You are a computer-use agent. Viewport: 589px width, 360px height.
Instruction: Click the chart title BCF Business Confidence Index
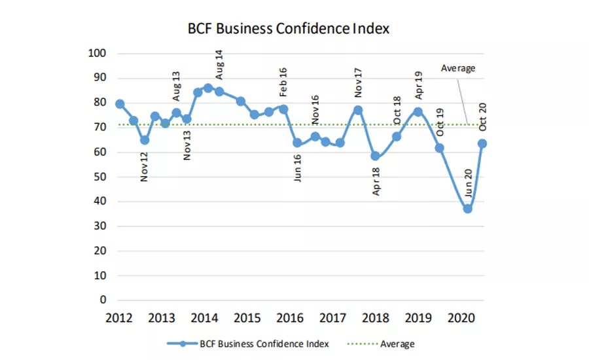click(x=289, y=29)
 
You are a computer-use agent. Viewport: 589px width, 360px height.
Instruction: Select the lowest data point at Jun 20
click(x=467, y=209)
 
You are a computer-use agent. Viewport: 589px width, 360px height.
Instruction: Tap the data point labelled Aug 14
click(x=208, y=88)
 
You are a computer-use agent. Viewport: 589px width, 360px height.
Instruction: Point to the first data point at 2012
click(x=120, y=104)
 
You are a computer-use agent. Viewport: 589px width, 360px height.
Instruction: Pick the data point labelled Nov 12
click(x=145, y=140)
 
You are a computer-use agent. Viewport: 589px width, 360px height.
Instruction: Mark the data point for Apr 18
click(x=375, y=156)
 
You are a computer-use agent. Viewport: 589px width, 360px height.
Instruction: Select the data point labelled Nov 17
click(x=358, y=110)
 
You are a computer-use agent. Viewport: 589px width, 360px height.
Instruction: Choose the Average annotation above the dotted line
click(x=458, y=68)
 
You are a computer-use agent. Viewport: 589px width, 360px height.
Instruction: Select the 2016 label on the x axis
click(x=290, y=318)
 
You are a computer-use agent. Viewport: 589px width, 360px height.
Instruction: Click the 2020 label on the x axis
click(x=461, y=318)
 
